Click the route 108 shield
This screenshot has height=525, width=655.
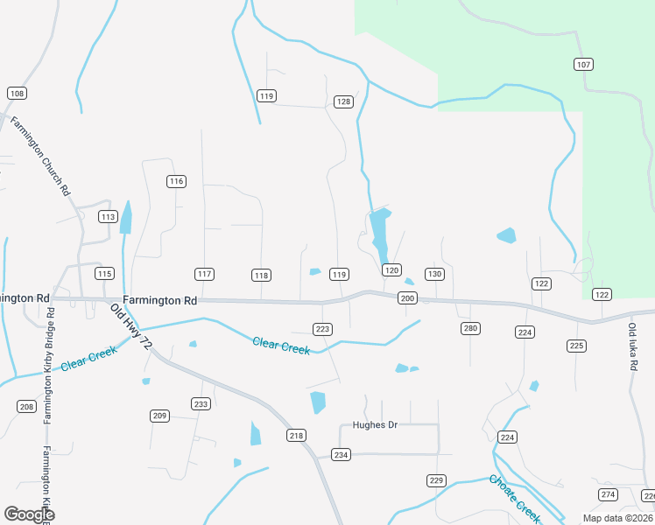coord(16,93)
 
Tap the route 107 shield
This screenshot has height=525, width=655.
coord(584,64)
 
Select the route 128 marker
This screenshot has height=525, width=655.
coord(343,101)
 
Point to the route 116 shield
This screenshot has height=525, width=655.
coord(177,181)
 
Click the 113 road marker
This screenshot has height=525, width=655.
coord(108,217)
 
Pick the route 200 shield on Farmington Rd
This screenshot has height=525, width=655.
coord(407,298)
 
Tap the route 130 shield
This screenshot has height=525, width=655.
coord(434,274)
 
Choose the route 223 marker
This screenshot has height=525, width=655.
coord(322,329)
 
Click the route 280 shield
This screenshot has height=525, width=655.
coord(470,328)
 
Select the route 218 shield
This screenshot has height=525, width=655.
coord(296,435)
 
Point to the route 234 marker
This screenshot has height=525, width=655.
coord(341,454)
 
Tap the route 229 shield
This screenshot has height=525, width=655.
coord(436,480)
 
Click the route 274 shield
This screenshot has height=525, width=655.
coord(608,494)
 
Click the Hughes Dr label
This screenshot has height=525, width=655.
coord(375,425)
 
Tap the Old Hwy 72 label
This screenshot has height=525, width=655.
coord(132,326)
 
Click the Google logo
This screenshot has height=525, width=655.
coord(30,514)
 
